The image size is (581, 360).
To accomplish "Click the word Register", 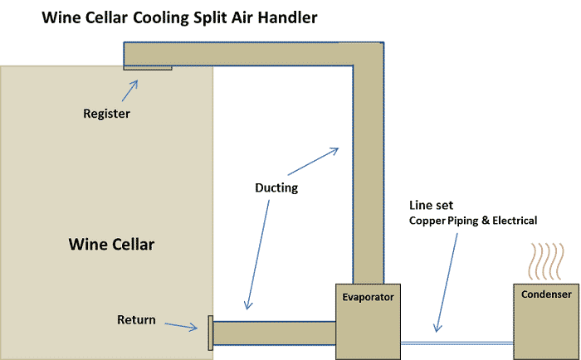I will point(107,114).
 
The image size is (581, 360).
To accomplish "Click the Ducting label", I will point(276,188).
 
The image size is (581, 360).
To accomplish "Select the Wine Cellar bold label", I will point(111,245).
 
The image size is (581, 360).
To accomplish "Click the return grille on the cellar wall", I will point(210,334).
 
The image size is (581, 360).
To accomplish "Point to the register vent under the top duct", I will point(148,68).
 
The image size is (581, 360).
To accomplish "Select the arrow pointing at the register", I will point(129,90).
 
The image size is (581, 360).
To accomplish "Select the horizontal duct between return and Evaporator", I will point(274,333).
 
